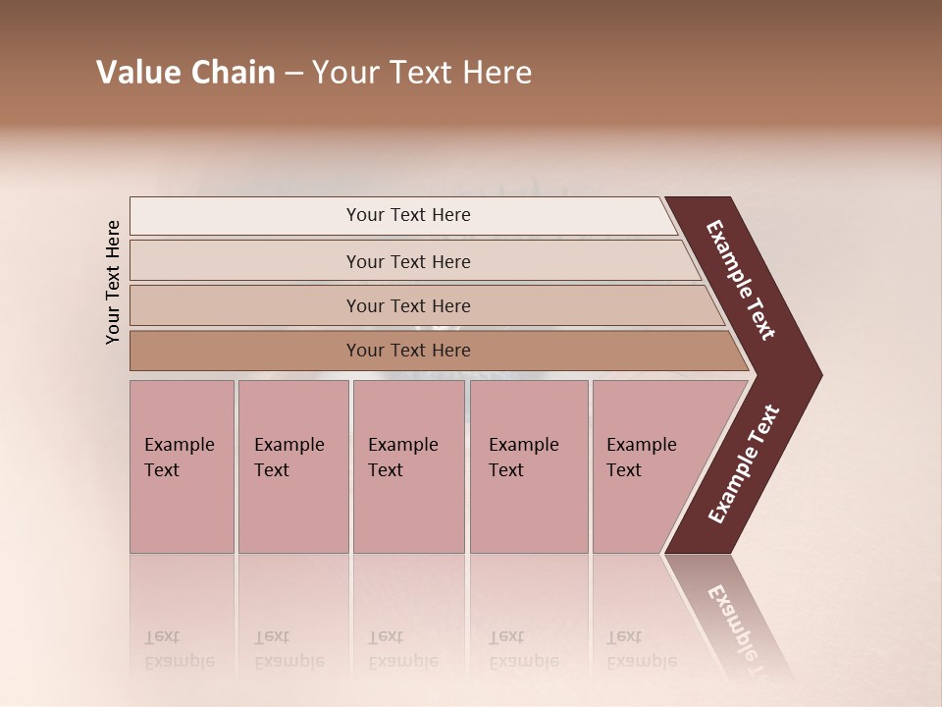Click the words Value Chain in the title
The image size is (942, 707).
point(185,73)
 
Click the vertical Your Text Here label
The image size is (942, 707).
point(113,282)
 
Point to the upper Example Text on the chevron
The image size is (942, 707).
point(741,280)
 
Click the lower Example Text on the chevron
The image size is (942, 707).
point(743,464)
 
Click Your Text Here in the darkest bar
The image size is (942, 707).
point(408,351)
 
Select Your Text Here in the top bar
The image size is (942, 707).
point(408,215)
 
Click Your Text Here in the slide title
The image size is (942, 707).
point(422,73)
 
